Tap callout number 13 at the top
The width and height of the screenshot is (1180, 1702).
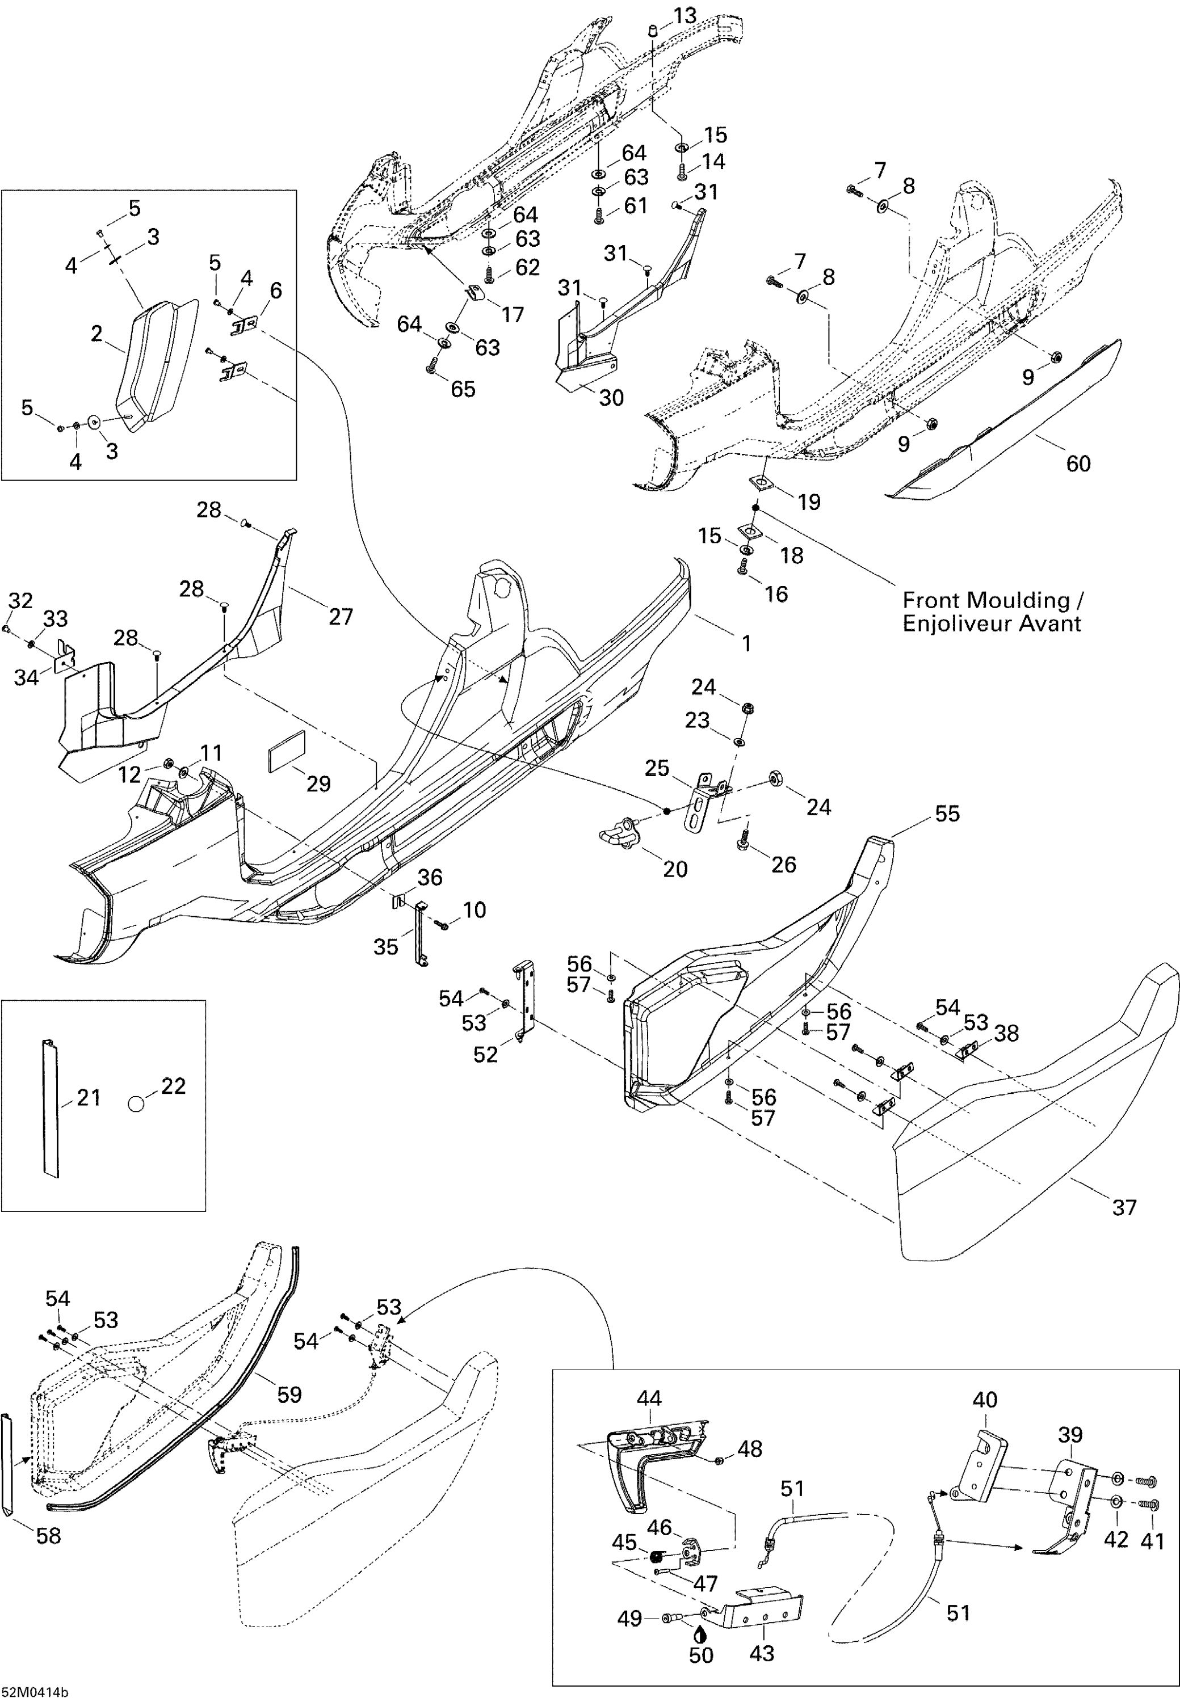pos(685,15)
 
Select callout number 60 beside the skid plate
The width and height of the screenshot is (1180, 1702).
pos(1078,464)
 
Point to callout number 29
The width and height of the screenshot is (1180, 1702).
pos(318,783)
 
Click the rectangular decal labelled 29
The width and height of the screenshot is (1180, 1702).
pos(287,752)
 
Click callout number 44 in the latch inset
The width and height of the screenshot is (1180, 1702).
pos(649,1397)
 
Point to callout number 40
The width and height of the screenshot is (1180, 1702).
pos(985,1399)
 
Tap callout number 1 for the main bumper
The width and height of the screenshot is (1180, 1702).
pos(747,643)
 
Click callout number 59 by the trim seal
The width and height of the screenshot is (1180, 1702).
pos(289,1394)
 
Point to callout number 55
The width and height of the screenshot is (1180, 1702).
pos(947,814)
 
